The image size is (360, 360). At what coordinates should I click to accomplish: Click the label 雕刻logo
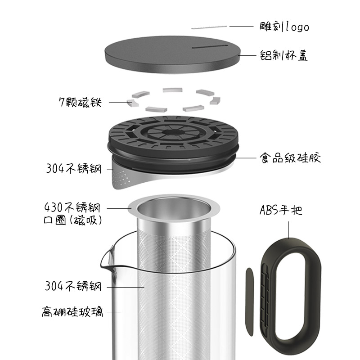click(x=284, y=27)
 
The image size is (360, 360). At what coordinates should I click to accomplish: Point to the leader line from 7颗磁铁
click(x=119, y=103)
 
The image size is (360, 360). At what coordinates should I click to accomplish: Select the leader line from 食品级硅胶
click(x=246, y=158)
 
